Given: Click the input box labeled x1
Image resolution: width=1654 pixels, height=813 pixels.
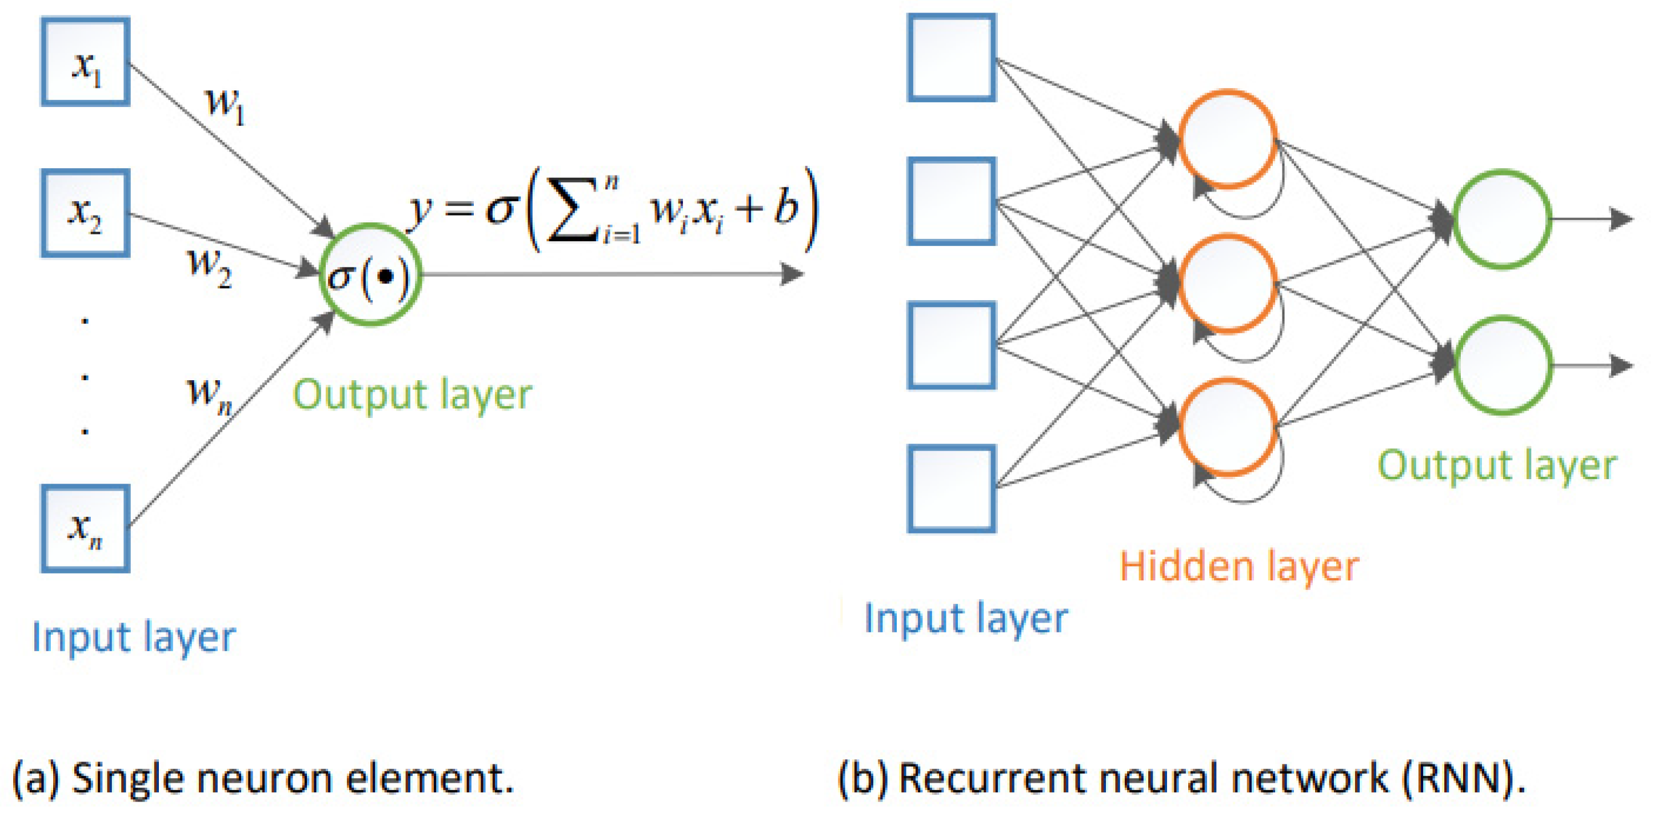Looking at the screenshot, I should pyautogui.click(x=85, y=62).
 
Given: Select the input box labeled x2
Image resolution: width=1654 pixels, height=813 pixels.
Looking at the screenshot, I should pyautogui.click(x=85, y=213).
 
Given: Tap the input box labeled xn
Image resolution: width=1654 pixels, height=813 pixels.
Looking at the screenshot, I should pyautogui.click(x=85, y=528).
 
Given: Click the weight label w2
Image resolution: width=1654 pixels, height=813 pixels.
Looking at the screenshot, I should pyautogui.click(x=209, y=266).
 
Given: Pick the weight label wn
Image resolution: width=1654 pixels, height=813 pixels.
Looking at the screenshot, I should pyautogui.click(x=209, y=393).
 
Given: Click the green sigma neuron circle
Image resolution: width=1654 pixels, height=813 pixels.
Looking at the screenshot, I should pyautogui.click(x=370, y=275).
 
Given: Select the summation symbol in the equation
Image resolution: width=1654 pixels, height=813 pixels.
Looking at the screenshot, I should pyautogui.click(x=571, y=212).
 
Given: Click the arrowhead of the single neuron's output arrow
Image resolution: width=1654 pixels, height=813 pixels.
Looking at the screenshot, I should pyautogui.click(x=793, y=274).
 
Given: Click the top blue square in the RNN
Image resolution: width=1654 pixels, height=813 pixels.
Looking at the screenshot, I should pyautogui.click(x=952, y=58).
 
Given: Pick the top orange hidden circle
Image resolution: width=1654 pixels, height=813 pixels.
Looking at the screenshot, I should pyautogui.click(x=1228, y=140).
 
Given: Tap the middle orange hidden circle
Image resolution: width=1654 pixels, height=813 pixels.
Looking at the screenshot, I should pyautogui.click(x=1228, y=283).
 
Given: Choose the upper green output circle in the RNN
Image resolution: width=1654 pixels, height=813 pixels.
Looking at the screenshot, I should pyautogui.click(x=1502, y=219).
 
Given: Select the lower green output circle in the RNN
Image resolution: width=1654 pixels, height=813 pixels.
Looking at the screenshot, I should pyautogui.click(x=1502, y=365).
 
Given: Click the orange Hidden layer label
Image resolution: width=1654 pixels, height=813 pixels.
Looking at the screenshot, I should pyautogui.click(x=1238, y=567).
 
